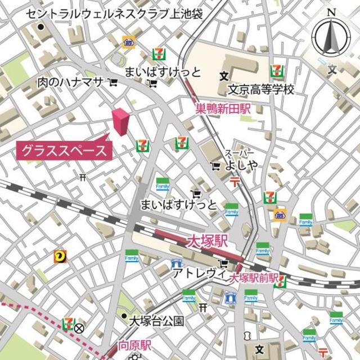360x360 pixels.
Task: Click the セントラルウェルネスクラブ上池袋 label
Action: pos(115,13)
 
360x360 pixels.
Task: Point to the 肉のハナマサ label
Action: pos(70,83)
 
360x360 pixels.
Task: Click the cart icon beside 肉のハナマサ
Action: pos(113,83)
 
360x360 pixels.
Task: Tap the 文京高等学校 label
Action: pos(261,90)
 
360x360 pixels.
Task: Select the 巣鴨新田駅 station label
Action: pos(223,110)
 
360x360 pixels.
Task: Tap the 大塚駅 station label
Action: pos(206,242)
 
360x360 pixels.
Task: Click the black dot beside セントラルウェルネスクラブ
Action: pos(40,26)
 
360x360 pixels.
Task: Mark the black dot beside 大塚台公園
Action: pos(124,317)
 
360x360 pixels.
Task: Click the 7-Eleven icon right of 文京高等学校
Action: pos(276,70)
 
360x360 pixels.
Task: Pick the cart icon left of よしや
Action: pos(215,166)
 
